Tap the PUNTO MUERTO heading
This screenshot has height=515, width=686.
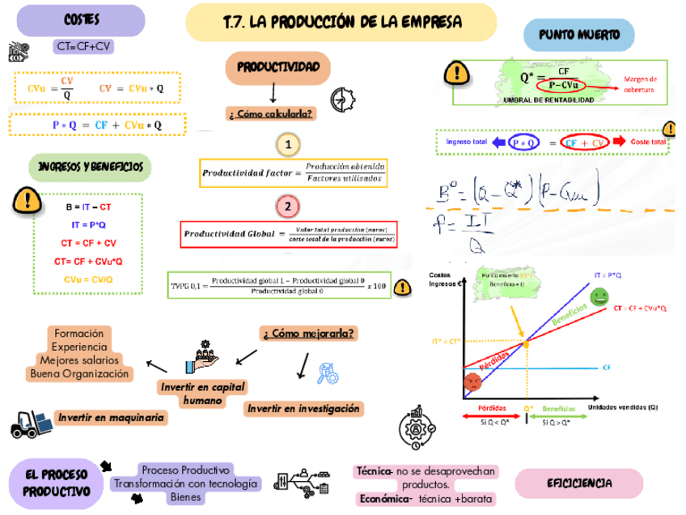coord(579,35)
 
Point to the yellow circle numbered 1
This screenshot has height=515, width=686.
coord(287,146)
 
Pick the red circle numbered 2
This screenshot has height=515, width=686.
coord(287,206)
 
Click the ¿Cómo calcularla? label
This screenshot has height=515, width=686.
coord(271,113)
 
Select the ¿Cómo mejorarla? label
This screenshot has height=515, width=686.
coord(310,333)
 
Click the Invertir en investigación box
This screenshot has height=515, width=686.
coord(303,409)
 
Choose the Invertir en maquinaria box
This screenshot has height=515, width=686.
coord(111,418)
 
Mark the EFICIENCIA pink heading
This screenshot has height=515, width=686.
coord(579,483)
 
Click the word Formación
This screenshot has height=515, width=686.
coord(78,334)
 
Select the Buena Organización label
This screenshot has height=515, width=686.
coord(79,374)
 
